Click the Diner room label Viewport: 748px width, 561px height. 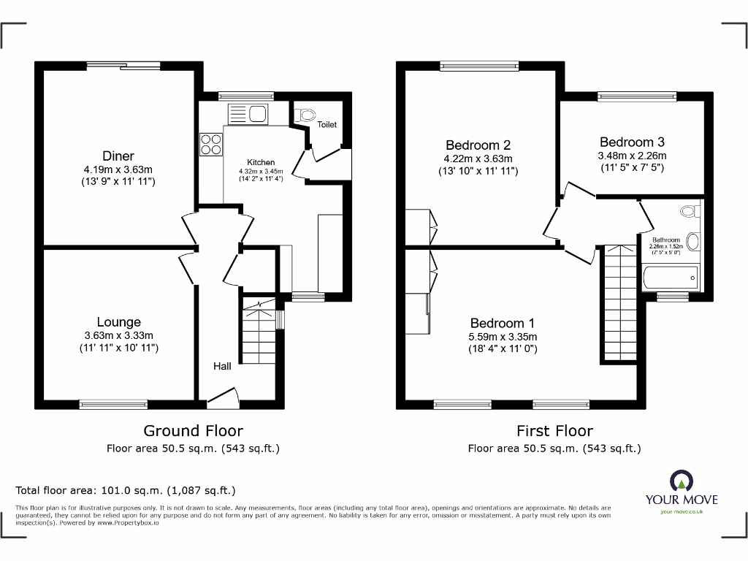[x=118, y=156]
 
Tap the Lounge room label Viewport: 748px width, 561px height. [x=118, y=322]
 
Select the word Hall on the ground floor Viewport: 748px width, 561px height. [x=222, y=366]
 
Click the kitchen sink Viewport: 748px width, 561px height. [x=248, y=114]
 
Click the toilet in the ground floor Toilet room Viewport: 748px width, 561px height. [x=305, y=114]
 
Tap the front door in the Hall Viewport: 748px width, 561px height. [x=224, y=397]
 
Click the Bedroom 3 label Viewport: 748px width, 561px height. [x=632, y=142]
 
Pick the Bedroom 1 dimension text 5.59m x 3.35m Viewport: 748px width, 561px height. [x=503, y=337]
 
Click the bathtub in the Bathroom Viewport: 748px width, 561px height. [x=671, y=278]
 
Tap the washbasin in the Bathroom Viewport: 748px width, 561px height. [x=693, y=242]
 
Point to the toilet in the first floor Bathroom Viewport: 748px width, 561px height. [x=687, y=212]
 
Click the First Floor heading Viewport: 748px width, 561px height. [x=554, y=431]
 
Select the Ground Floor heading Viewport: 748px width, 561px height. [x=193, y=431]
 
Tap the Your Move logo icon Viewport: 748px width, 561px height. [x=681, y=481]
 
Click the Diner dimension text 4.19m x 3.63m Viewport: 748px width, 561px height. [x=118, y=169]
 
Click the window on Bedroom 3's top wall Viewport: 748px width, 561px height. [x=636, y=96]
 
